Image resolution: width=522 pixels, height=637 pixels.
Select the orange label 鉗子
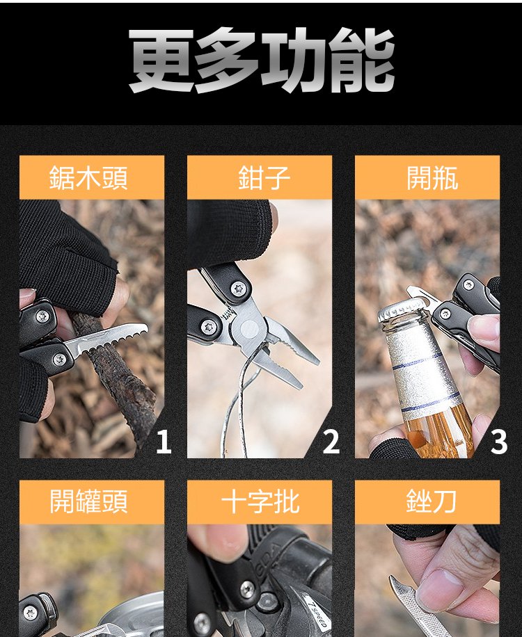point(260,177)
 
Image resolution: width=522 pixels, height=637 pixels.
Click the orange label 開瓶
point(427,177)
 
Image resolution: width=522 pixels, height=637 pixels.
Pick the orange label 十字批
point(260,502)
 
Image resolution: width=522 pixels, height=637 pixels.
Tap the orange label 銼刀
point(427,502)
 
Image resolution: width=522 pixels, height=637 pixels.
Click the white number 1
point(164,442)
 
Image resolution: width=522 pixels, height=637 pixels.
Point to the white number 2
point(331,442)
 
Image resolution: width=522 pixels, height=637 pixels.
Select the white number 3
point(499,442)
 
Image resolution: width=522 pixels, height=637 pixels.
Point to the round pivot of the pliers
point(249,328)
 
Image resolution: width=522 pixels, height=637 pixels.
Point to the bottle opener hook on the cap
point(420,296)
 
